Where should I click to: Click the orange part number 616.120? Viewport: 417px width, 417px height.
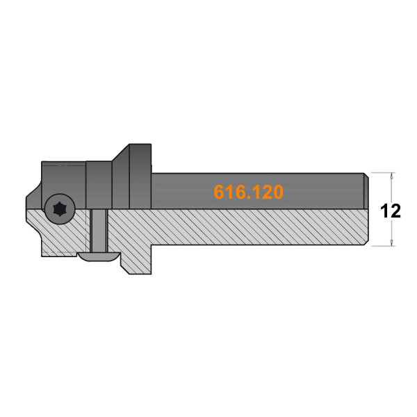click(x=248, y=193)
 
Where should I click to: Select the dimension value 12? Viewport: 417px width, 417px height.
click(x=391, y=211)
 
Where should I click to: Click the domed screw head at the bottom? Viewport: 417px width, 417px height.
click(x=97, y=256)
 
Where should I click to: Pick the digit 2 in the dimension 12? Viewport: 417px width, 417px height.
click(x=396, y=211)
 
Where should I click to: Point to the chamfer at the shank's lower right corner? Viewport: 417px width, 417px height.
click(x=365, y=243)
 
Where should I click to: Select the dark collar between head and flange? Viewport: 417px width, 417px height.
click(x=98, y=184)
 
